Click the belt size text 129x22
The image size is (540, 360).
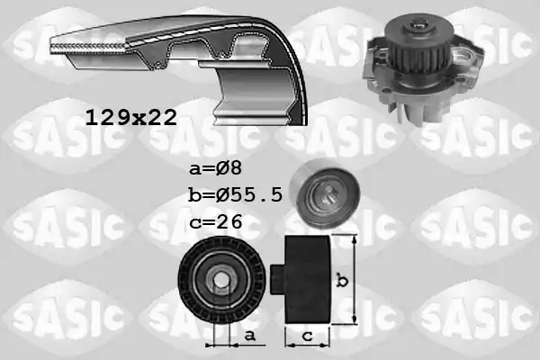point(130,118)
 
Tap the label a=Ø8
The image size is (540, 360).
point(216,169)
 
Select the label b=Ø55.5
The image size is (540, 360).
point(236,195)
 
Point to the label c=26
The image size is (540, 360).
point(216,221)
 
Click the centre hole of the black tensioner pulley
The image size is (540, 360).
point(219,279)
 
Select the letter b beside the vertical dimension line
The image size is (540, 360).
point(342,280)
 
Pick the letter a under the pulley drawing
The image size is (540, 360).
point(249,335)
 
